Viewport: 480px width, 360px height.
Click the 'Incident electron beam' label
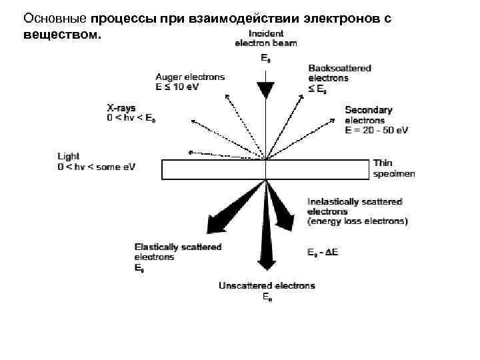click(266, 38)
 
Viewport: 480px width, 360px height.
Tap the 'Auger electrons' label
click(190, 77)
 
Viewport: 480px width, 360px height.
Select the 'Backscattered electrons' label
click(339, 73)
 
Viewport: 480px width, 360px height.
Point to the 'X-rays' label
click(121, 107)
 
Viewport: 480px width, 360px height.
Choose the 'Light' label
click(69, 157)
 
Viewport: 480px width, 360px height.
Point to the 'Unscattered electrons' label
click(267, 286)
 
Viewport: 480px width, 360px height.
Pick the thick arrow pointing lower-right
click(283, 210)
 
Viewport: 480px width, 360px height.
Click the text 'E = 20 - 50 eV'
click(377, 130)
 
